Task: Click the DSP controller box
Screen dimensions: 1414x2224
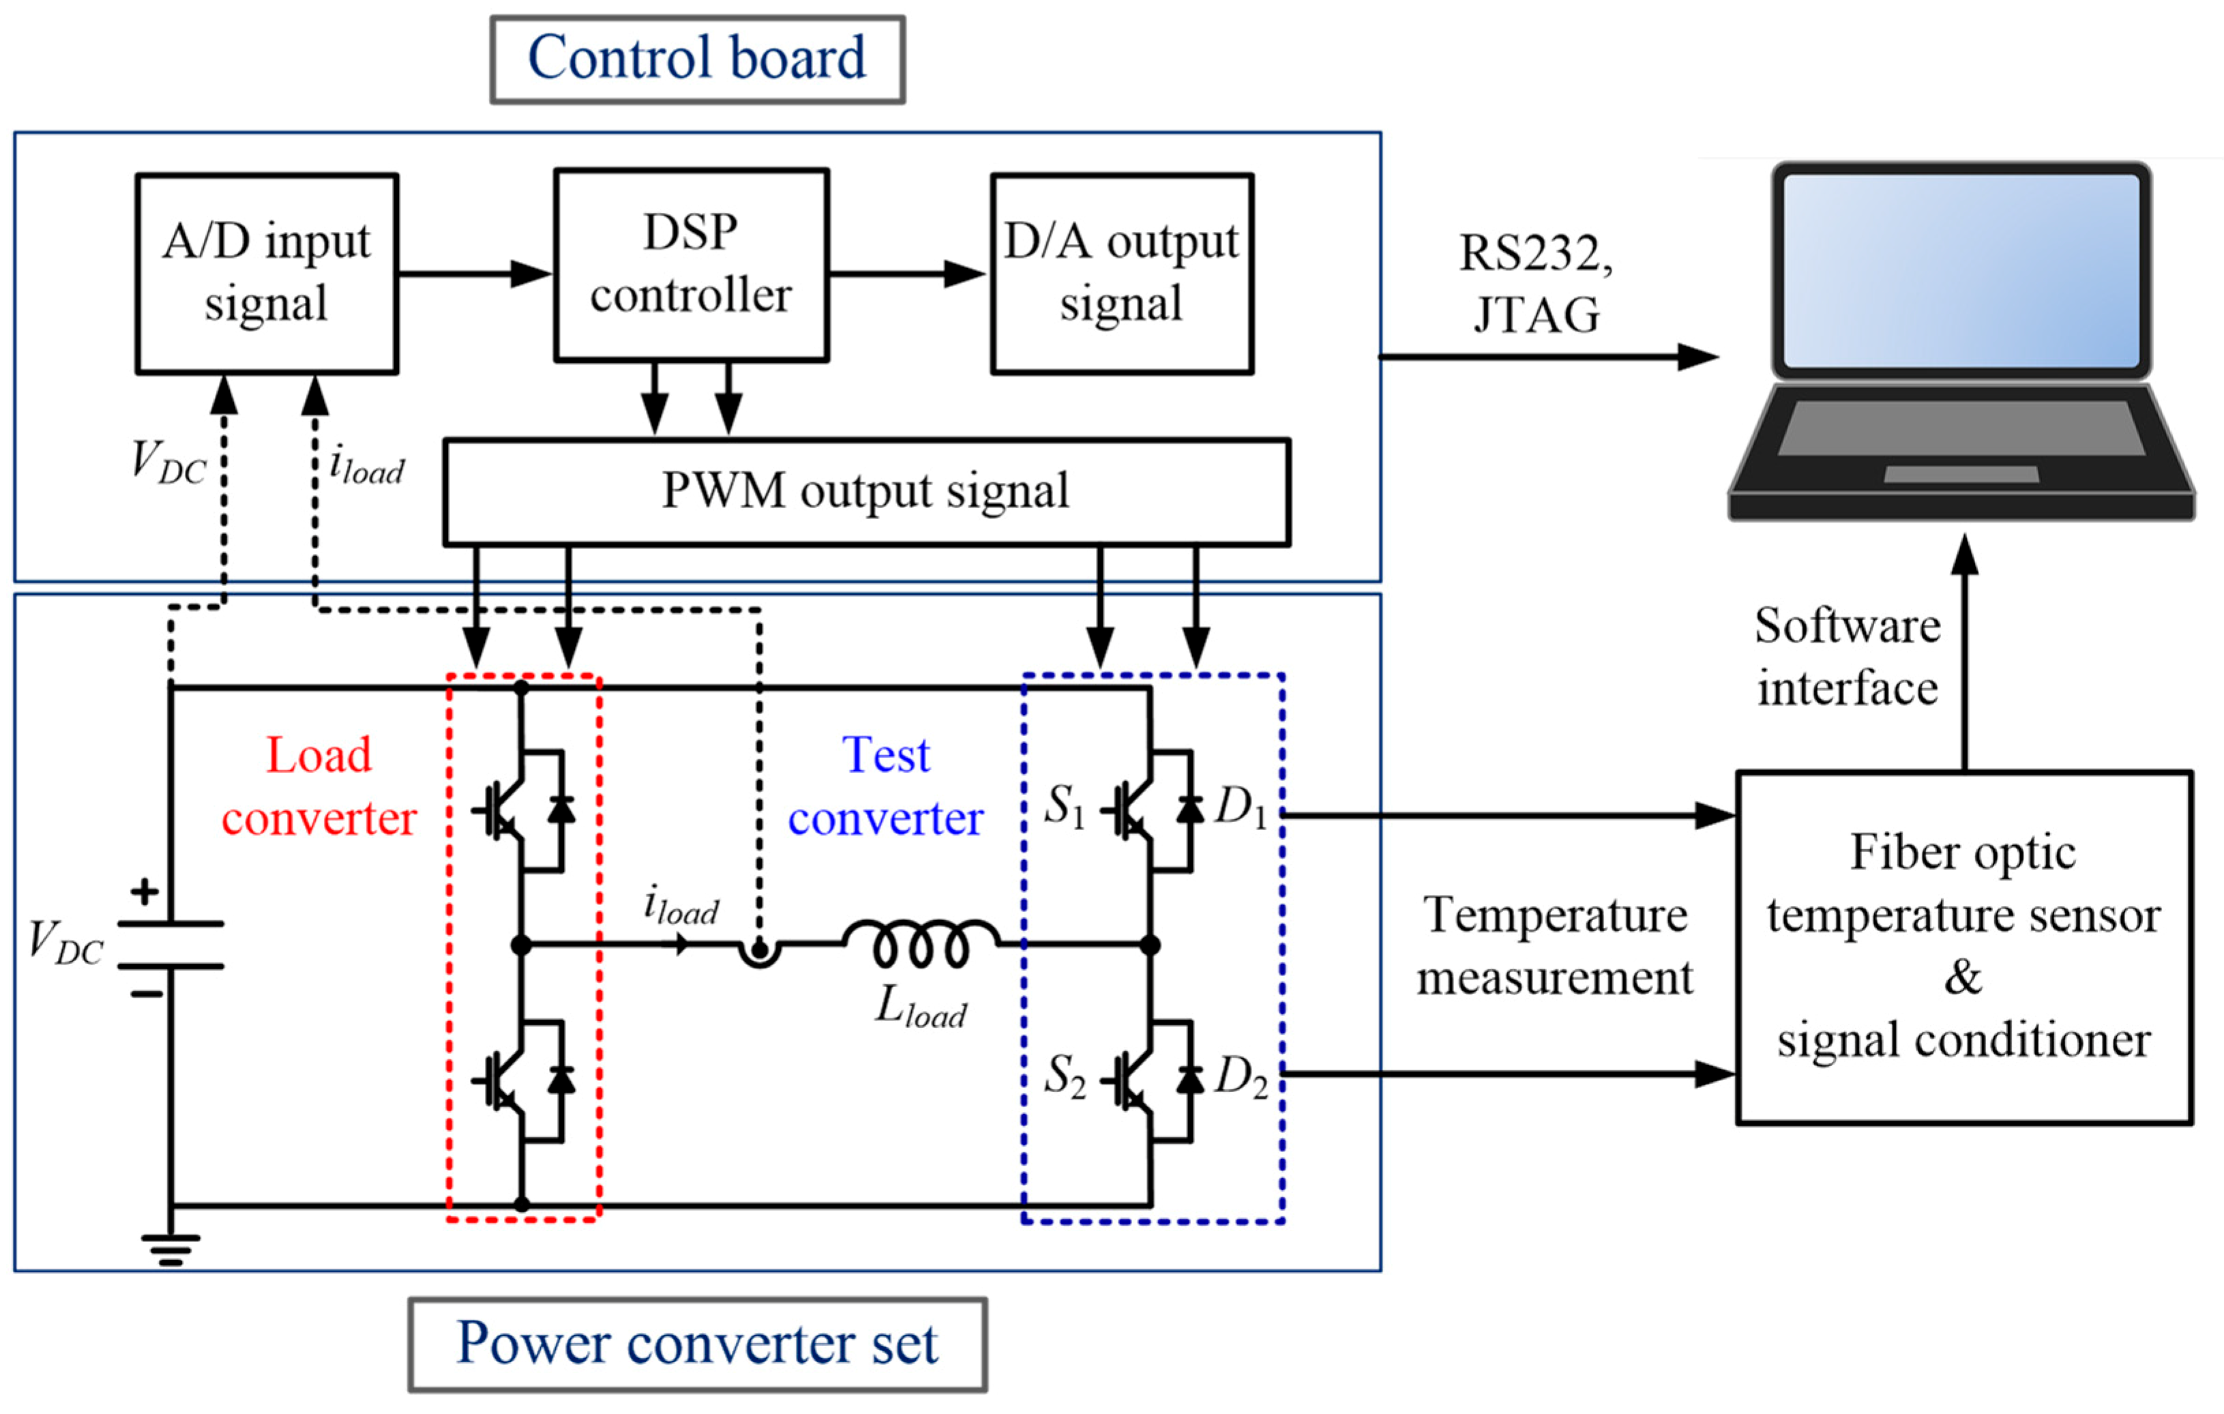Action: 691,265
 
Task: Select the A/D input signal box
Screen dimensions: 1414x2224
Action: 267,274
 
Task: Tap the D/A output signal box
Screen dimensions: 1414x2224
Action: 1121,274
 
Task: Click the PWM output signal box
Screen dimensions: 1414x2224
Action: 865,491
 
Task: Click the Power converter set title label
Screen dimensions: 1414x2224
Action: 697,1344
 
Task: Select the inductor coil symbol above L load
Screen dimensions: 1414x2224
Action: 921,944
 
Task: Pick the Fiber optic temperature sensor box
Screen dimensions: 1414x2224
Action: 1963,947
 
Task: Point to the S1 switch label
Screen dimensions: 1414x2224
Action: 1064,806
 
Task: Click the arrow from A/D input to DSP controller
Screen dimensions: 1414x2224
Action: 475,274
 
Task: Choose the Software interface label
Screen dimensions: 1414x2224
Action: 1847,658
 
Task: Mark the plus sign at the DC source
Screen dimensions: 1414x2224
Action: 144,892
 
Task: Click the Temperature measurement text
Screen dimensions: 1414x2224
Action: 1556,946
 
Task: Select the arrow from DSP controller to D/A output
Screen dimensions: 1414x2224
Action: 908,274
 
